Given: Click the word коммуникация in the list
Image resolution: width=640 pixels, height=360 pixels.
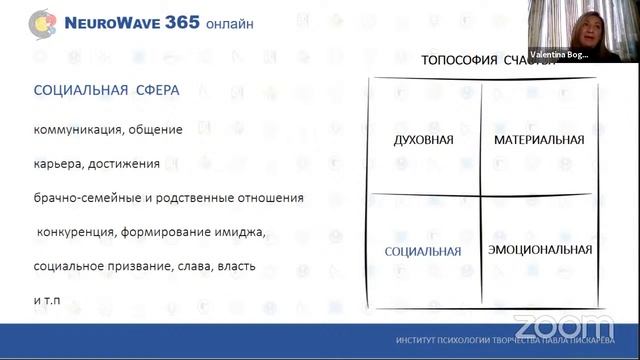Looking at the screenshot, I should [72, 130].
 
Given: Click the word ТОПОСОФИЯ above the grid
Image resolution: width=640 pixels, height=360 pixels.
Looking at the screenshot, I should [458, 60].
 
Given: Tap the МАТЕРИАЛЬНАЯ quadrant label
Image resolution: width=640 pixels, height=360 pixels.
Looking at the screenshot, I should [539, 139].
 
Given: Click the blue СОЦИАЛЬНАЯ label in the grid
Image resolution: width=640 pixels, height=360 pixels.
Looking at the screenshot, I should [424, 251].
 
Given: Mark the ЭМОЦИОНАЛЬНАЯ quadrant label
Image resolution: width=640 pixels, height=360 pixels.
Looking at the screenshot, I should [539, 247].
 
